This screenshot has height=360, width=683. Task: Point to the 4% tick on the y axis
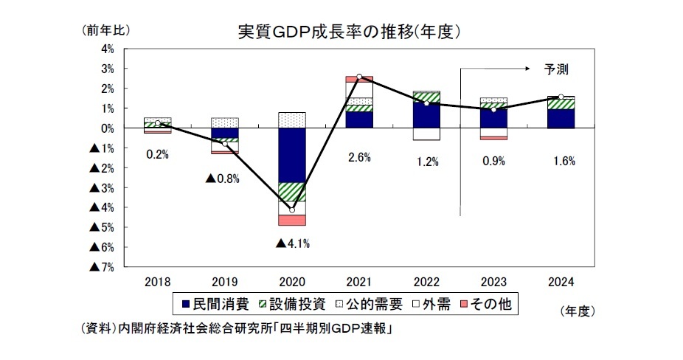106,49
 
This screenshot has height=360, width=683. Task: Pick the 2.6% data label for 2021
358,156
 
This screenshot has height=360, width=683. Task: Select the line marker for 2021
359,76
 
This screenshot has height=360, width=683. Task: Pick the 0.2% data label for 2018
157,155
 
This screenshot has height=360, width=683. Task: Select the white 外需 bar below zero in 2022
426,134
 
